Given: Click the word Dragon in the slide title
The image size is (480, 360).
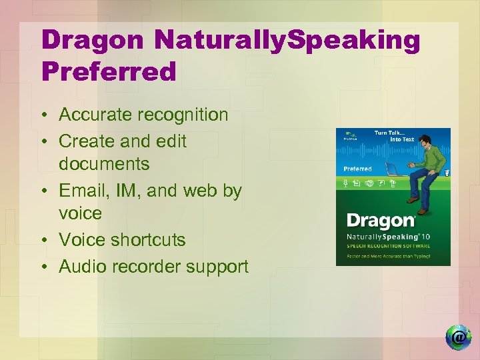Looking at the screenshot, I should (91, 40).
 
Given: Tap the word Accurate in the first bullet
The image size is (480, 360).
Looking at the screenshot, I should (97, 115).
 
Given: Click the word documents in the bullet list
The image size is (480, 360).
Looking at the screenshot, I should (103, 163).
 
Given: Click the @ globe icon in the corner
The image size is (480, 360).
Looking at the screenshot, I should (458, 337).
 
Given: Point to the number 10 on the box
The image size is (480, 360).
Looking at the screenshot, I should (427, 237).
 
